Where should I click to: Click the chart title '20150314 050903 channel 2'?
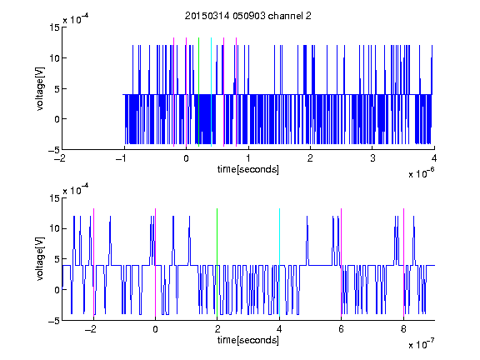click(248, 16)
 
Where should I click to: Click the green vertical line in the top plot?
click(198, 92)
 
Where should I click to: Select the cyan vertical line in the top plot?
click(211, 92)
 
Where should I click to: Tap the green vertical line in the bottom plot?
click(217, 262)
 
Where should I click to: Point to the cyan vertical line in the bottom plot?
click(279, 262)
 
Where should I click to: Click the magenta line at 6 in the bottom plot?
click(342, 262)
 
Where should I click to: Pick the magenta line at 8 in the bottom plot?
click(404, 262)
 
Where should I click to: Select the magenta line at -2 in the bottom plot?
click(93, 262)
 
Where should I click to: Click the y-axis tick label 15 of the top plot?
click(54, 27)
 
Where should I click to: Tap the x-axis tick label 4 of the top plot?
click(434, 158)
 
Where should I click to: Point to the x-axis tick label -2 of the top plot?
click(60, 158)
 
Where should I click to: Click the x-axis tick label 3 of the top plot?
click(372, 158)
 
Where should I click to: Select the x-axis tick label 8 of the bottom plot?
click(403, 329)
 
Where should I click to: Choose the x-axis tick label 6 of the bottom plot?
click(342, 329)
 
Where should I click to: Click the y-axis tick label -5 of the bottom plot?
click(54, 321)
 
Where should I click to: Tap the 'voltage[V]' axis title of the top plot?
click(40, 89)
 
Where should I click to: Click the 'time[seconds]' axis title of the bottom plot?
click(248, 340)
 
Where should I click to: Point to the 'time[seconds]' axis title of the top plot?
click(248, 169)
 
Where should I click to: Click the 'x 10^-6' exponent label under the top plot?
click(421, 173)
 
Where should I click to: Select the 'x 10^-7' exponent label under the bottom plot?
click(421, 344)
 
